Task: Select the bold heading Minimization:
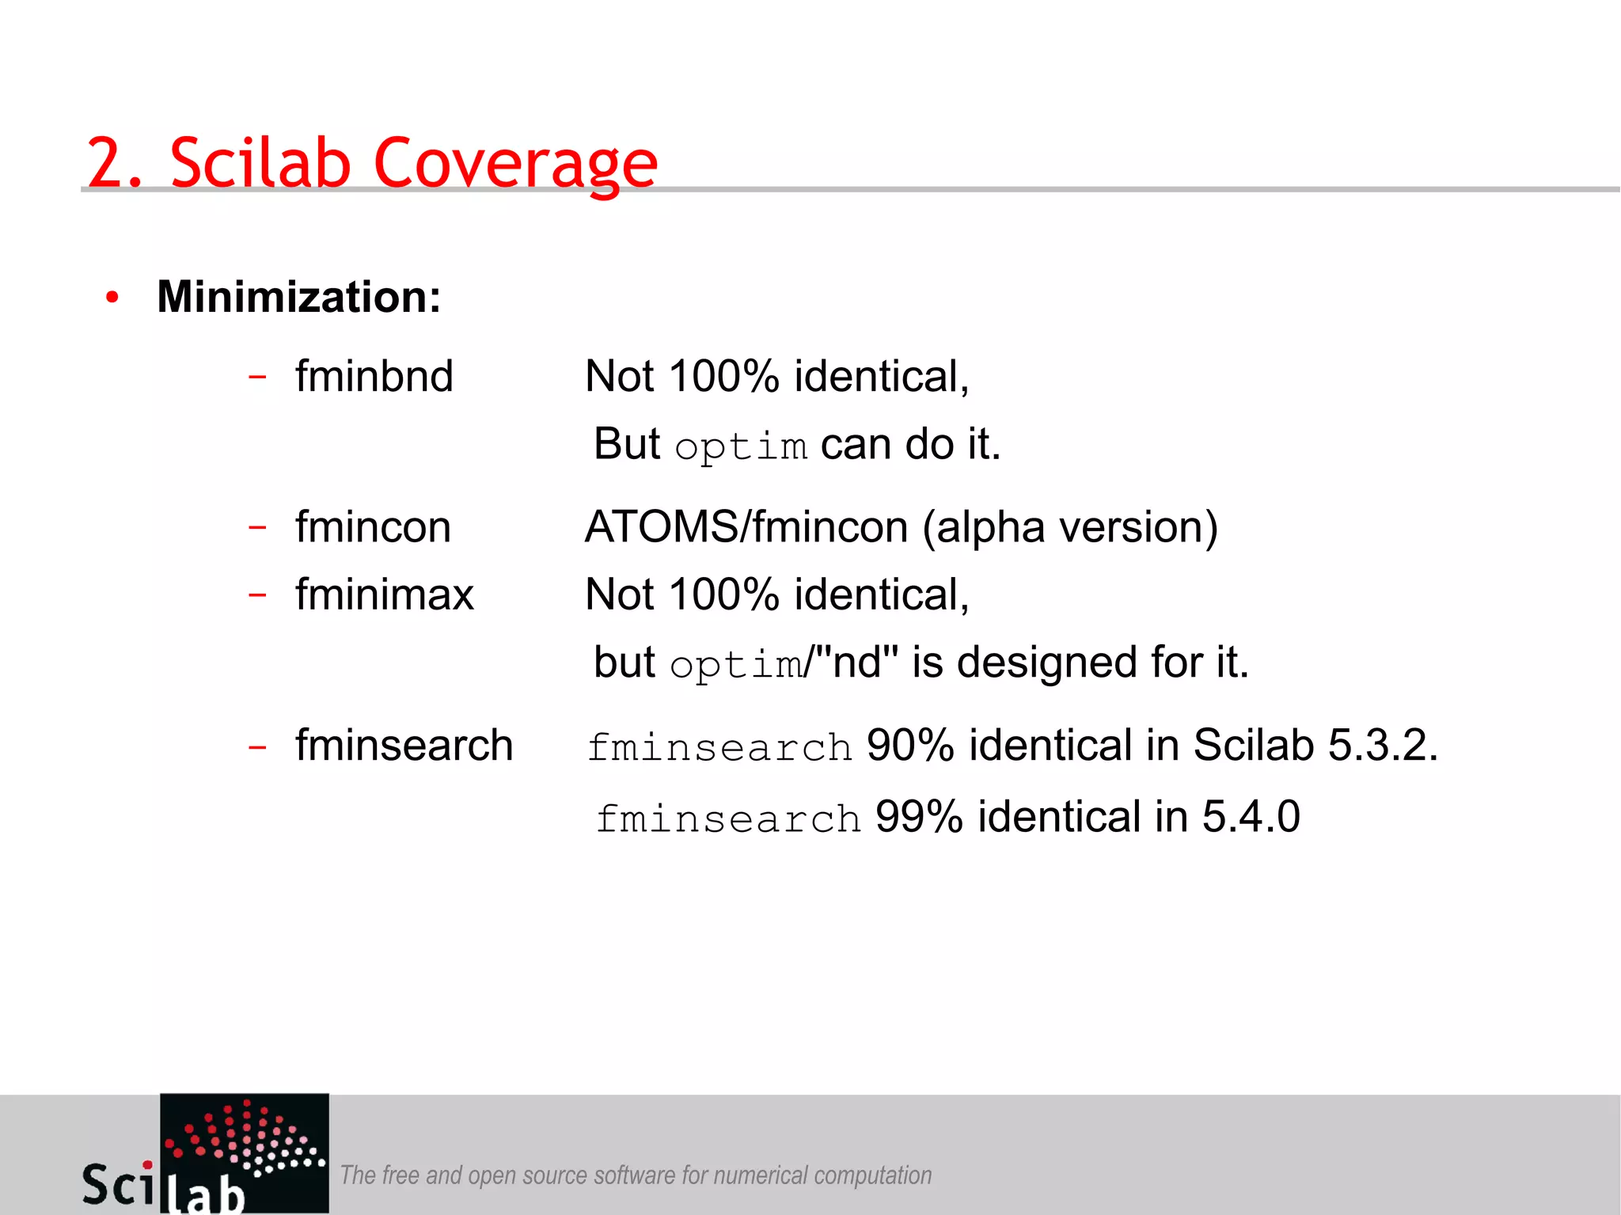pyautogui.click(x=298, y=297)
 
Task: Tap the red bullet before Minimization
pyautogui.click(x=112, y=298)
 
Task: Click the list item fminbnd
pyautogui.click(x=374, y=376)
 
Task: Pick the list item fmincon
pyautogui.click(x=373, y=527)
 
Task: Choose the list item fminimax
pyautogui.click(x=384, y=594)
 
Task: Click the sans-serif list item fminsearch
pyautogui.click(x=404, y=746)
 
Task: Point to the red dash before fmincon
pyautogui.click(x=257, y=526)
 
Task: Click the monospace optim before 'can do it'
pyautogui.click(x=741, y=447)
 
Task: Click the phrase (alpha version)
pyautogui.click(x=1070, y=527)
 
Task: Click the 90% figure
pyautogui.click(x=910, y=746)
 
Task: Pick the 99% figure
pyautogui.click(x=919, y=817)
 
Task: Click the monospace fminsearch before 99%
pyautogui.click(x=728, y=819)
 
